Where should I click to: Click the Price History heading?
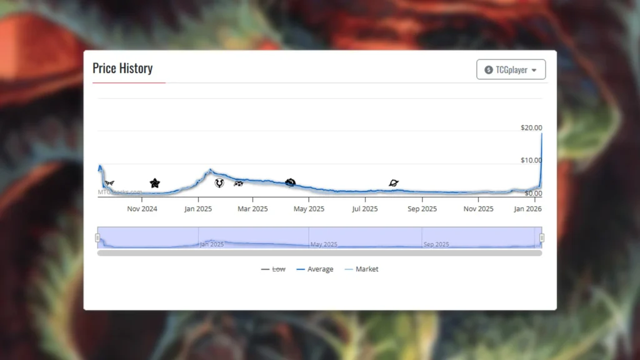(122, 68)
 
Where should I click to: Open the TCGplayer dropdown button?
(511, 70)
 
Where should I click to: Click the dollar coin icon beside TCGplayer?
(489, 70)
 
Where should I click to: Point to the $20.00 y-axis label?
(531, 127)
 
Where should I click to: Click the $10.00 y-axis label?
(531, 160)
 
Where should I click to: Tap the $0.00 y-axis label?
(533, 193)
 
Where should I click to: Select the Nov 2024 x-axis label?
(142, 209)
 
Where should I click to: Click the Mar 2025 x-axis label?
(252, 209)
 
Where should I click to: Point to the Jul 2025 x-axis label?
(365, 209)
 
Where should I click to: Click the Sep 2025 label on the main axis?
(422, 209)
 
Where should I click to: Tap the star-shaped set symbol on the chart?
(155, 183)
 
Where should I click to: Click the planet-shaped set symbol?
(394, 183)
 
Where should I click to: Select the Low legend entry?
(273, 269)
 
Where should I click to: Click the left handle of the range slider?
(97, 237)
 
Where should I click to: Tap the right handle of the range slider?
(542, 237)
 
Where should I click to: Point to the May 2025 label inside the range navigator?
(324, 244)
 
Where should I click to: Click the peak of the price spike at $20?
(541, 133)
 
